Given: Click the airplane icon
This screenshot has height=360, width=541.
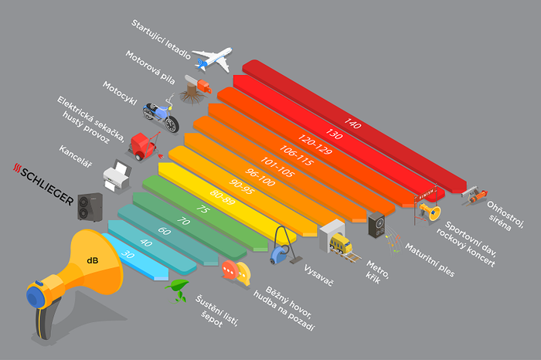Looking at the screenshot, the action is click(x=213, y=59).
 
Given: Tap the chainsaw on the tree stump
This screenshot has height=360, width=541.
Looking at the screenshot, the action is click(x=198, y=83).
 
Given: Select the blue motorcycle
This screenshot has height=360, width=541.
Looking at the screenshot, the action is click(x=161, y=114).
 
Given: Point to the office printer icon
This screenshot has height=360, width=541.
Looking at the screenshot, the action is click(x=117, y=175).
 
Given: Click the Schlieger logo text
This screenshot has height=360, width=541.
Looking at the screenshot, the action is click(x=43, y=184).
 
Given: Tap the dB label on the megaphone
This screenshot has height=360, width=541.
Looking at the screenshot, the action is click(x=93, y=260).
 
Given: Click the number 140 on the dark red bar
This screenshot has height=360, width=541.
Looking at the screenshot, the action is click(x=352, y=123).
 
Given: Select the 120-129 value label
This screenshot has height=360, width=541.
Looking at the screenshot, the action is click(x=315, y=144).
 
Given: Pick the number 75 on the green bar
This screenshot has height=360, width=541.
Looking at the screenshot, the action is click(x=202, y=209).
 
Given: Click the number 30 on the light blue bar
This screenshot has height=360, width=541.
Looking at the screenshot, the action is click(x=128, y=254).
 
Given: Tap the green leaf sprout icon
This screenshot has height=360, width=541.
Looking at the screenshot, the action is click(x=178, y=290).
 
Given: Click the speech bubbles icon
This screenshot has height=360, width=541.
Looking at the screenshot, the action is click(x=236, y=273).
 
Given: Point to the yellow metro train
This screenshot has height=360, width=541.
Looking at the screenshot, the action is click(x=341, y=244).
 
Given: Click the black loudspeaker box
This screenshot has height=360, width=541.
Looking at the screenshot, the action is click(x=376, y=225).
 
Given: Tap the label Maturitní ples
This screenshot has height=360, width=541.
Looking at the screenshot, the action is click(x=430, y=260).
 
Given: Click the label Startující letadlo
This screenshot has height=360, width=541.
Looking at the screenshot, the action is click(x=161, y=39).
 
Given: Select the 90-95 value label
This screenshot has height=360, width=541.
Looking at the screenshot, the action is click(x=241, y=186).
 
